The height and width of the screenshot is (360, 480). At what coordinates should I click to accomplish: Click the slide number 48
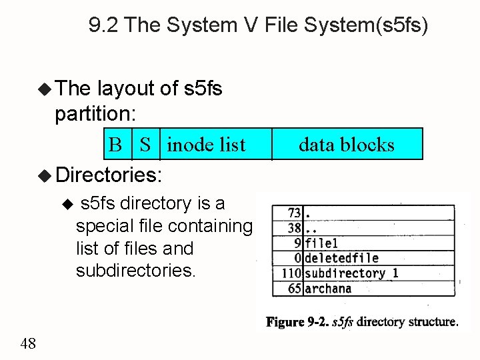(28, 343)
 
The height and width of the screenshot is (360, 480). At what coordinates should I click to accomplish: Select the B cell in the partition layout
(115, 145)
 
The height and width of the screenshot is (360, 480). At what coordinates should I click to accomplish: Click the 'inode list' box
(206, 145)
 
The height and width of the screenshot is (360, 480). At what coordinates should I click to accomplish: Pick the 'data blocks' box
(347, 145)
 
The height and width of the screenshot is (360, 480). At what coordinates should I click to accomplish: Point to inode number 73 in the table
(294, 213)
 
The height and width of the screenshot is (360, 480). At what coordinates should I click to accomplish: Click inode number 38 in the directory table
(294, 229)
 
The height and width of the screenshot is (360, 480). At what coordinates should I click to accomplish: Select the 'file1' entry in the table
(321, 243)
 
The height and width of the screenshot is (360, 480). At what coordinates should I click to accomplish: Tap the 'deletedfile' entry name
(341, 258)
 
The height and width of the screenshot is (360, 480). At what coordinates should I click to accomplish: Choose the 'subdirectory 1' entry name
(351, 273)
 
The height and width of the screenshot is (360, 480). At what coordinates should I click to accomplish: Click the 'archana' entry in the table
(327, 289)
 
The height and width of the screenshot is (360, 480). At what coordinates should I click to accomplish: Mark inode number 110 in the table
(291, 273)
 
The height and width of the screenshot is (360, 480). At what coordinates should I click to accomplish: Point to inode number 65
(294, 289)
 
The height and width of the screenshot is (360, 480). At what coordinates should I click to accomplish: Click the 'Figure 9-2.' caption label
(295, 321)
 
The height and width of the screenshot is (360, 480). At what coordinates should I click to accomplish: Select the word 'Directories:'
(109, 175)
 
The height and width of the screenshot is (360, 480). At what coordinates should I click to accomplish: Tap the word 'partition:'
(95, 114)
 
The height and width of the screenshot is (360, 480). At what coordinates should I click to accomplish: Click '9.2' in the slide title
(103, 26)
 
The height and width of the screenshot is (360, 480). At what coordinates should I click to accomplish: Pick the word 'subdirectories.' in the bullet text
(135, 271)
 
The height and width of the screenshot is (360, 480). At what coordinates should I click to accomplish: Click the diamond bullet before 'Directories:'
(45, 176)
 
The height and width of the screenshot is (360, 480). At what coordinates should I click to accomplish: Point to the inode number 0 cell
(298, 258)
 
